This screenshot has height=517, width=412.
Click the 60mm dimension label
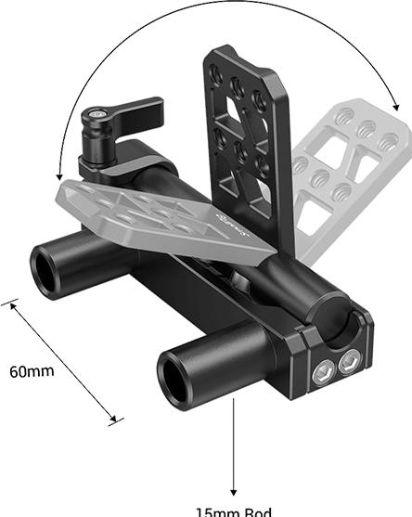[32, 371]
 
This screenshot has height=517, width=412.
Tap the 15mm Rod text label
[234, 511]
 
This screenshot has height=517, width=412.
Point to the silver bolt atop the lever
[96, 117]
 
